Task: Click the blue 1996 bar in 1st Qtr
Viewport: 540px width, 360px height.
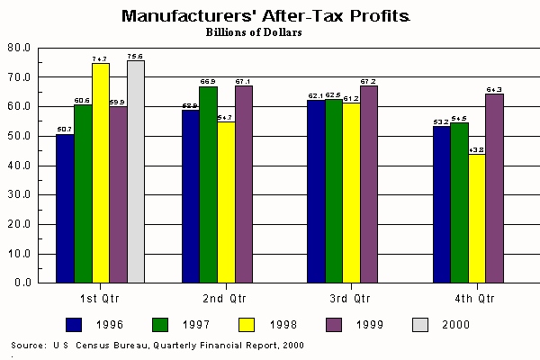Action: tap(65, 209)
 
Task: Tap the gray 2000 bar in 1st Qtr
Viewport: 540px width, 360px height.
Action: tap(136, 171)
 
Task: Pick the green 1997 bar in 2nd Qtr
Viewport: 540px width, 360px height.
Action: tap(208, 184)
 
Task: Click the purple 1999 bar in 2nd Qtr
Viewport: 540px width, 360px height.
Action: tap(243, 184)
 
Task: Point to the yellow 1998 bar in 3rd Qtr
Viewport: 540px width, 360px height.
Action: tap(351, 193)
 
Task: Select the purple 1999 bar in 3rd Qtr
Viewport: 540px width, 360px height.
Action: tap(369, 184)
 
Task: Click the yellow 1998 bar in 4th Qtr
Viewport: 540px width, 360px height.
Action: tap(477, 219)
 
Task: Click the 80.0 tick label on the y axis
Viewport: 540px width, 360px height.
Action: tap(21, 48)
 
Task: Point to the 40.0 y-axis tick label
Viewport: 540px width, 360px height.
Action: tap(21, 166)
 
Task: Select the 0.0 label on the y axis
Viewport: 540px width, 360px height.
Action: tap(23, 283)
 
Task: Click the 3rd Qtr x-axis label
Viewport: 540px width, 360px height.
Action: tap(349, 298)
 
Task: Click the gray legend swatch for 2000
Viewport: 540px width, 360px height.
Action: tap(418, 323)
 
